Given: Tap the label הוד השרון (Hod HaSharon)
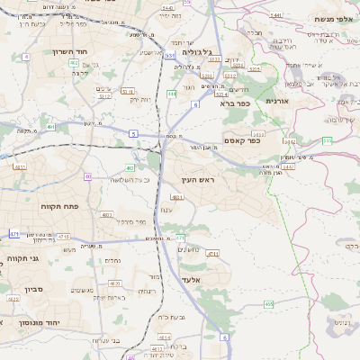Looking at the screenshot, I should click(x=70, y=52).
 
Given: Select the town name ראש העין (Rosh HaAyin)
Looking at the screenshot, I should click(x=188, y=181).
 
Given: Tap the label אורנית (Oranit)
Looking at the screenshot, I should click(x=277, y=101).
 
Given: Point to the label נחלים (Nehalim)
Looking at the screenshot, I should click(x=113, y=260).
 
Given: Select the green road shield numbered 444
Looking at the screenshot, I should click(x=171, y=93).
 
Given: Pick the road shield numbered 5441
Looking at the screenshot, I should click(x=275, y=16).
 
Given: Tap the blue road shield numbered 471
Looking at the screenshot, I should click(x=14, y=234).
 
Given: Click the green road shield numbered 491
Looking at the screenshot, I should click(x=51, y=127).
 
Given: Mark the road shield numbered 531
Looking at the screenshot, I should click(x=170, y=55).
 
